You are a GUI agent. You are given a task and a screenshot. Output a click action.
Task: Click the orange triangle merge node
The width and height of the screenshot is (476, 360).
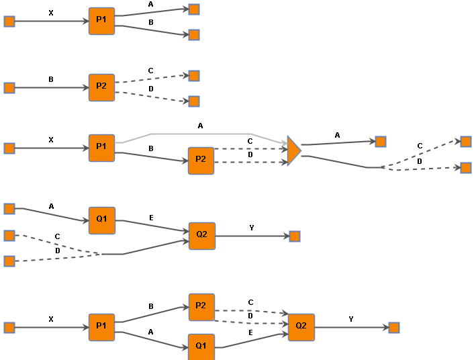click(x=293, y=151)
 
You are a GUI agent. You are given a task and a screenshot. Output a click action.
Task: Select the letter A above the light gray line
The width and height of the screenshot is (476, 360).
click(x=200, y=126)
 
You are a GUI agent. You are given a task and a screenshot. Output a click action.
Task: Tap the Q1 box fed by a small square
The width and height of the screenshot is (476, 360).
click(x=102, y=220)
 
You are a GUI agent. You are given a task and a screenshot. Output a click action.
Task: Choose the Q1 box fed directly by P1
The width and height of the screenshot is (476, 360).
click(x=201, y=346)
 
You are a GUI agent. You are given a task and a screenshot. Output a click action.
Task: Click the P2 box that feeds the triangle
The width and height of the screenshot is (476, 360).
click(x=201, y=160)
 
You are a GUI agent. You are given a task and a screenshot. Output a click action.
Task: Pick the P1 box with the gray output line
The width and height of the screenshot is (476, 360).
click(x=101, y=148)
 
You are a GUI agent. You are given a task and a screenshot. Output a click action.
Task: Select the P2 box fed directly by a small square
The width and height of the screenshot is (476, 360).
click(x=102, y=87)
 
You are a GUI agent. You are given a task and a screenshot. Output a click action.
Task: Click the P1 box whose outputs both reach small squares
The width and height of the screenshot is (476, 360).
click(x=102, y=21)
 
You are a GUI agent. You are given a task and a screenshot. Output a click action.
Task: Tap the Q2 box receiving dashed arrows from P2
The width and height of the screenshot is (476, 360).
click(x=301, y=327)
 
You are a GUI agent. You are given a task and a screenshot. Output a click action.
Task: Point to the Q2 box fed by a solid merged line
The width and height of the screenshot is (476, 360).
click(x=202, y=236)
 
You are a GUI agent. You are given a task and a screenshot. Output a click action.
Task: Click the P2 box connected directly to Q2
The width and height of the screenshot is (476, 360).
click(x=201, y=307)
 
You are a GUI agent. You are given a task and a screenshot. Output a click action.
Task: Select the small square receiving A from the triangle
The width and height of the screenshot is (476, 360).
click(x=381, y=142)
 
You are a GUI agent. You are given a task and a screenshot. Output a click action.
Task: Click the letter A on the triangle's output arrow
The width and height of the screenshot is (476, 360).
click(x=337, y=135)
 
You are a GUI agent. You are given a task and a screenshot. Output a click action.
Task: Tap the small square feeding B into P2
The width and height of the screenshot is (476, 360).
click(x=9, y=88)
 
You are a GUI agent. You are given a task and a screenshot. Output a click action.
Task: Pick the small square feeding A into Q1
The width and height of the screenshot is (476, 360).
click(x=9, y=209)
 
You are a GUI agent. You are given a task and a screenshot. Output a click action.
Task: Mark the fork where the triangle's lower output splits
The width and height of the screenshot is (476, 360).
click(x=381, y=167)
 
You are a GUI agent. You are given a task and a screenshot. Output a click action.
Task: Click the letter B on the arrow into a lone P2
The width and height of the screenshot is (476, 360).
click(x=51, y=79)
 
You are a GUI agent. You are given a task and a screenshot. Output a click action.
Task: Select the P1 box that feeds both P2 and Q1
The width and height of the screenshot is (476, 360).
click(x=101, y=327)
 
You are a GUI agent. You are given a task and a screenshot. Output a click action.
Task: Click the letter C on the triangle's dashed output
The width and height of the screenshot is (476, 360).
click(x=420, y=146)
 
